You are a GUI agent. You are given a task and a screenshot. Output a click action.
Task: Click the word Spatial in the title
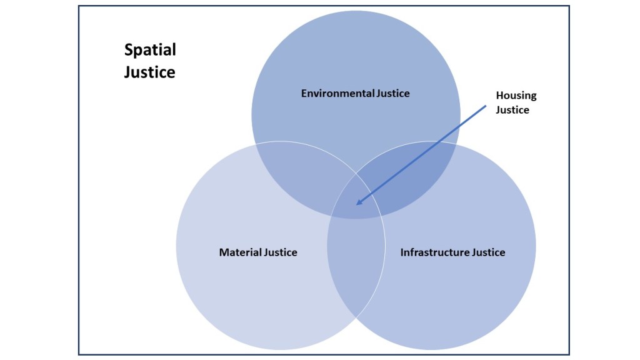tap(150, 50)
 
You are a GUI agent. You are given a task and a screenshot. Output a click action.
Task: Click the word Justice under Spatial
tap(149, 72)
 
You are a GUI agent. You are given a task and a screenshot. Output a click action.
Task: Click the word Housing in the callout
tap(516, 96)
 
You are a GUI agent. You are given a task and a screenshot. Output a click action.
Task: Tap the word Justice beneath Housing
tap(512, 110)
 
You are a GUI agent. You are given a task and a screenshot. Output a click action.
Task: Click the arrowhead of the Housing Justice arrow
tap(358, 202)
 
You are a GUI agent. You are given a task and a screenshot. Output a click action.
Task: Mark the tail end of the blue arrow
tap(485, 106)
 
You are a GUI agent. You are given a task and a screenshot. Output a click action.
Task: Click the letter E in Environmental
tap(304, 94)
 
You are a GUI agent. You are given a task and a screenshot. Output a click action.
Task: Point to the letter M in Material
tap(224, 252)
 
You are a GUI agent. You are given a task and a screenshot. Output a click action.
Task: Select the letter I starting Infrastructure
tap(402, 252)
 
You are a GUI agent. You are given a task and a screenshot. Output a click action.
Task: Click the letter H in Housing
tap(500, 96)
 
